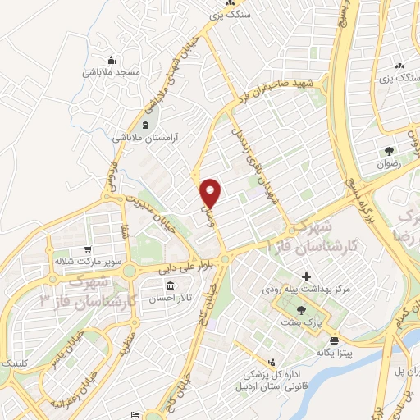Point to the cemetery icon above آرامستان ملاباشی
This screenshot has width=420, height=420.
[145, 125]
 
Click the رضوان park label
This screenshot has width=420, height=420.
[386, 164]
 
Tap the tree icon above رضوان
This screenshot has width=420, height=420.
[387, 151]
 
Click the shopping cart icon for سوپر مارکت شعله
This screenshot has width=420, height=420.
[85, 249]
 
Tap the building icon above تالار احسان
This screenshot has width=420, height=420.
[170, 286]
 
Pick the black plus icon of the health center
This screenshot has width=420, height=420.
[307, 276]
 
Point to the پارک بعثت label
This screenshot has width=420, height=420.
[301, 324]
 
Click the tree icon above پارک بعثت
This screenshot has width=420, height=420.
[301, 310]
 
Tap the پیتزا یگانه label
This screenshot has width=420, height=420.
[331, 353]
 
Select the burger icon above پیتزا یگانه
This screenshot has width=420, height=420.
[332, 340]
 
